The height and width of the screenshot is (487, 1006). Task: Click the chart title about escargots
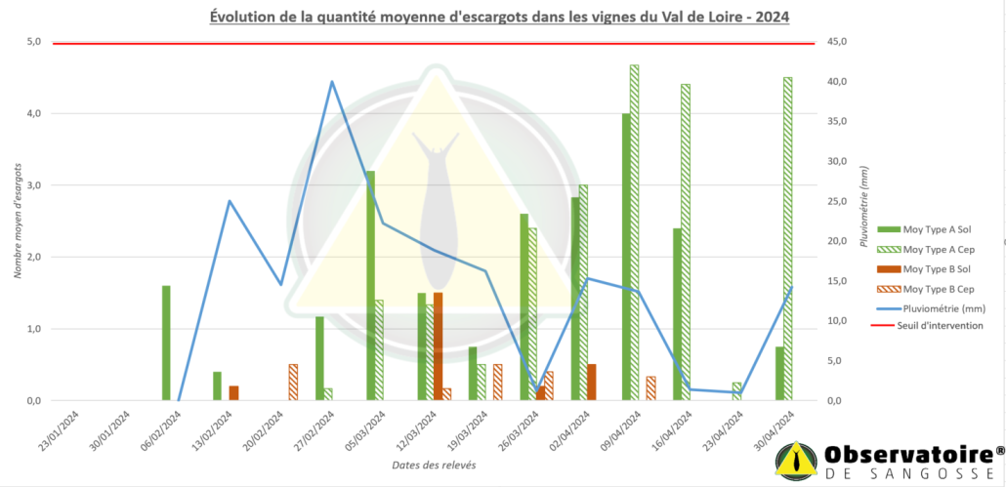[499, 17]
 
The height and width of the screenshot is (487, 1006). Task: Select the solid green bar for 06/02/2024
[166, 343]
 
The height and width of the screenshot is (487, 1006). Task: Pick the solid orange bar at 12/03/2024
[438, 346]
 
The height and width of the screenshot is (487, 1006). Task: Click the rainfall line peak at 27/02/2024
[332, 82]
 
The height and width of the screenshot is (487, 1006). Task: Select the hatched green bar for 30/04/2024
[787, 238]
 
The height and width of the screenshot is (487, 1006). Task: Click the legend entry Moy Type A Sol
[928, 229]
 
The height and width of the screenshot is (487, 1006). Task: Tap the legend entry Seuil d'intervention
[928, 326]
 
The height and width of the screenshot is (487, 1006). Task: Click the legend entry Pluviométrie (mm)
[928, 307]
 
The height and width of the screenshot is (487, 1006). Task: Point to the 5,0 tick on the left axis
[33, 42]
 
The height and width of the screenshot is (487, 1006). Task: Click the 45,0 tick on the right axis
[839, 42]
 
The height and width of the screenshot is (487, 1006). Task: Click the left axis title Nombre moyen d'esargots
[18, 223]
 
